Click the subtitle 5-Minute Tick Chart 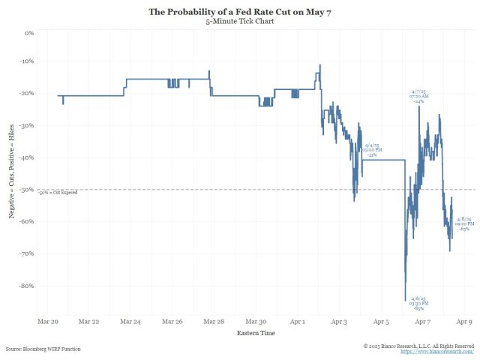(240, 22)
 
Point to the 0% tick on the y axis (30, 34)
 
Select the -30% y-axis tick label (27, 126)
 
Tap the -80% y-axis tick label (27, 286)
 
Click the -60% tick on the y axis (27, 222)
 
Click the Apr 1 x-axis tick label (298, 321)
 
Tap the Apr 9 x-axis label (465, 321)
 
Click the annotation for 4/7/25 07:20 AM (419, 94)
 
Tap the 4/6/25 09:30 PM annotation (419, 303)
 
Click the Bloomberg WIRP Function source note (43, 349)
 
